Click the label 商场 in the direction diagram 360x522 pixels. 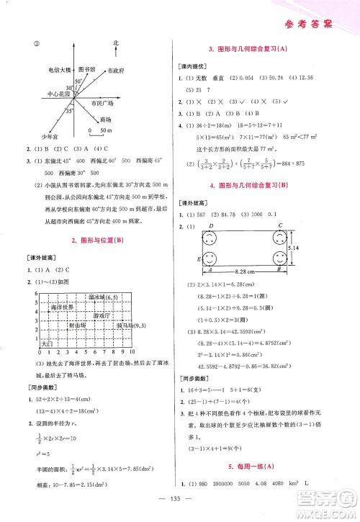(x=106, y=119)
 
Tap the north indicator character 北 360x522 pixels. (x=115, y=44)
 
